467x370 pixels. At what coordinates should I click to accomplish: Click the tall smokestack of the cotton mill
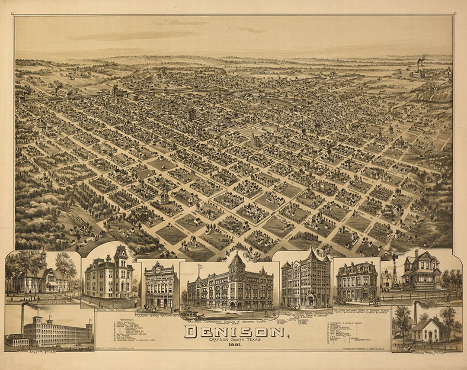pos(22,318)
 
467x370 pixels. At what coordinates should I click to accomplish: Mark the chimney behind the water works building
pos(415,313)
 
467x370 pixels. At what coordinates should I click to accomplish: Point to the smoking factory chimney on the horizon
pos(419,65)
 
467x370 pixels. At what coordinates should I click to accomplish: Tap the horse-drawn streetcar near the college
pos(190,315)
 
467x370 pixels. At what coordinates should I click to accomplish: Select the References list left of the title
pos(130,335)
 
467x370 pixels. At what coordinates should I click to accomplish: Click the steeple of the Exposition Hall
pos(43,257)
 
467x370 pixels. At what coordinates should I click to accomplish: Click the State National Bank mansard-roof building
pos(356,281)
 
